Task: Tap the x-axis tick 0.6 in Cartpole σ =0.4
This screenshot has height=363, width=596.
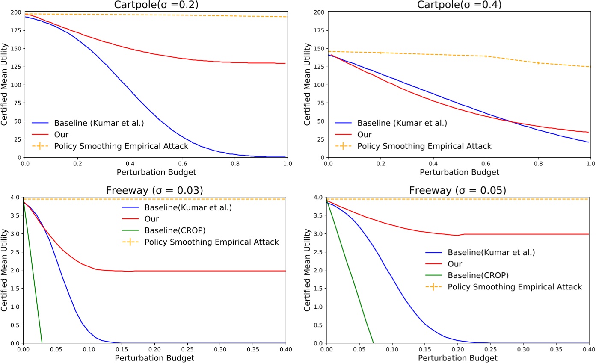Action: point(485,163)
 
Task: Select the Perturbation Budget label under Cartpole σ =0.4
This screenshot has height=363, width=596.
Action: point(459,172)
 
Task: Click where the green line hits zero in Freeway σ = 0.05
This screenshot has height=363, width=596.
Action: point(373,343)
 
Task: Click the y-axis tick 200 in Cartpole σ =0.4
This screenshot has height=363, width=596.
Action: point(319,12)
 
